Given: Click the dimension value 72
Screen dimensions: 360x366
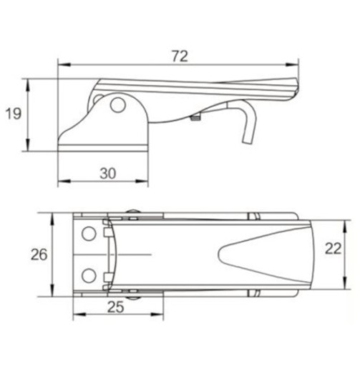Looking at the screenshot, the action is [x=180, y=56].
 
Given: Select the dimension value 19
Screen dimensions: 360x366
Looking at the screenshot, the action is [x=14, y=114].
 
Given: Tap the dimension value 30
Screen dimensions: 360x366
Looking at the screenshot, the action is [x=108, y=173].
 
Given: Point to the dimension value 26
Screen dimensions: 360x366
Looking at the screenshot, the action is [x=39, y=254].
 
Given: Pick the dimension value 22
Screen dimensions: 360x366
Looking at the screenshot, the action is [x=334, y=249].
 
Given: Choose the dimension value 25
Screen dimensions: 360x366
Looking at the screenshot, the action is [x=116, y=307].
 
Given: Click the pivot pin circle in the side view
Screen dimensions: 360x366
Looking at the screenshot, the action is [x=118, y=105].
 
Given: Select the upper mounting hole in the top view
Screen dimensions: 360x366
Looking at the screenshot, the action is [x=89, y=234].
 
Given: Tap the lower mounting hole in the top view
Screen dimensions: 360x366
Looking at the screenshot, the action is [x=89, y=275].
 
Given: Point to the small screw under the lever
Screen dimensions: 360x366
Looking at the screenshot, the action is [x=195, y=117].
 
